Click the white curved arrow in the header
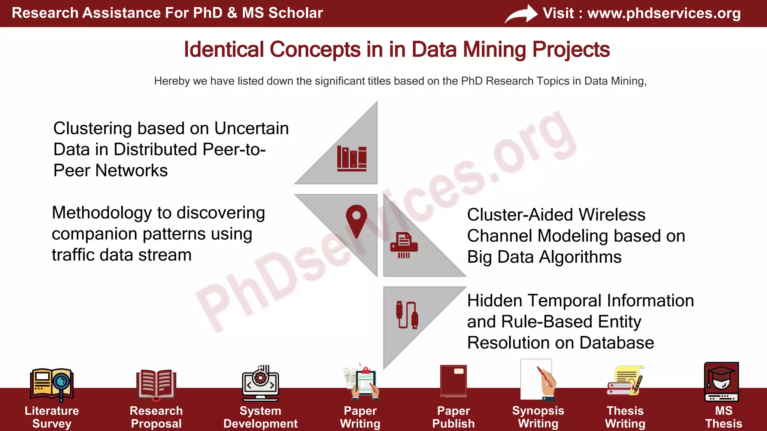tap(521, 14)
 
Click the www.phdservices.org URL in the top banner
tap(664, 13)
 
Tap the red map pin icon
tap(356, 221)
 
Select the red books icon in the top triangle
tap(352, 159)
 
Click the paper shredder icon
tap(404, 245)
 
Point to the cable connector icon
tap(407, 315)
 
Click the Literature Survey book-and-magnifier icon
tap(52, 384)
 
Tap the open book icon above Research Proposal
tap(156, 384)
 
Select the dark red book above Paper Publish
tap(454, 381)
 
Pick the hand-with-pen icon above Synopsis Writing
tap(538, 380)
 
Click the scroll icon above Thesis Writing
tap(625, 381)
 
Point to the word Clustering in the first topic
tap(93, 128)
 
